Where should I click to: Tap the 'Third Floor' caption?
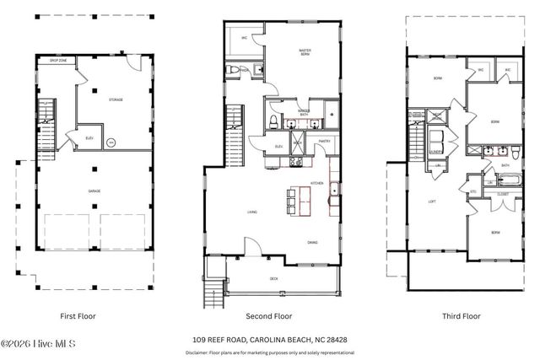(462, 316)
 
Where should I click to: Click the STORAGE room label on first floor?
(116, 99)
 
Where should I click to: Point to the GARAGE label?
(94, 191)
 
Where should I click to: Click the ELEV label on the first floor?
(90, 138)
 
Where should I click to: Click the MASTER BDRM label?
(305, 52)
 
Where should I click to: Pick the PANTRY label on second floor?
(323, 142)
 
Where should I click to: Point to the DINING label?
(312, 242)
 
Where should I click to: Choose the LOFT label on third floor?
(431, 201)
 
